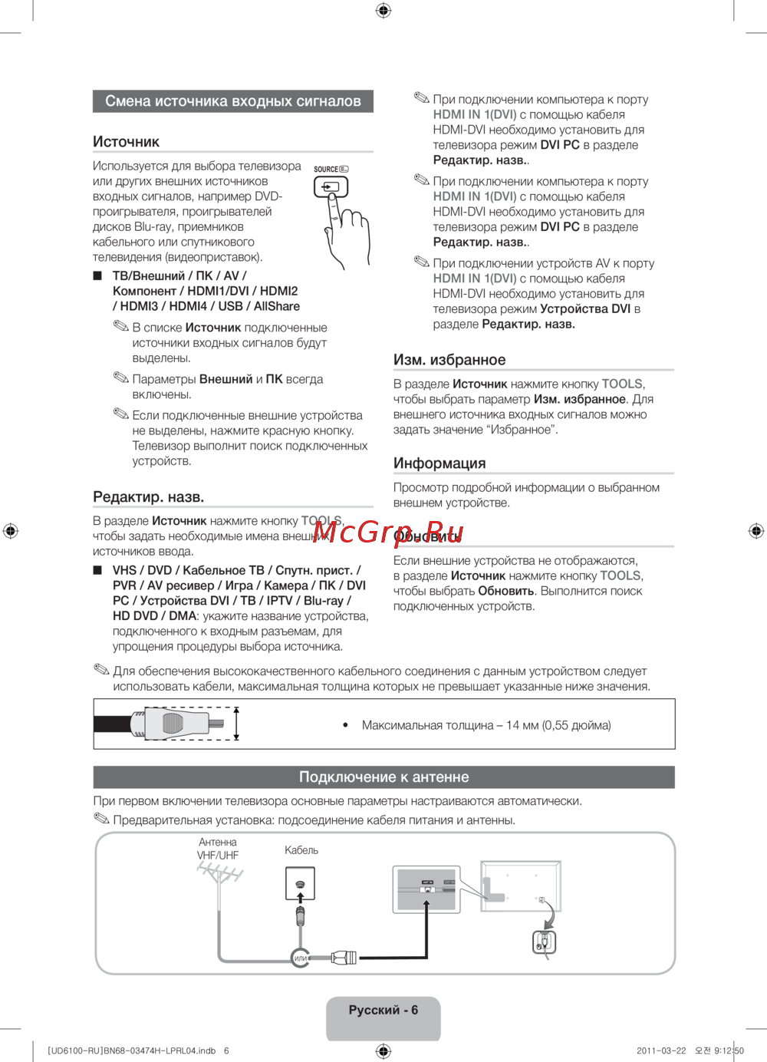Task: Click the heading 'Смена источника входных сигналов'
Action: [x=232, y=101]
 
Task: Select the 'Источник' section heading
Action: [x=127, y=142]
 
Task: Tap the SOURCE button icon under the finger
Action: [x=331, y=186]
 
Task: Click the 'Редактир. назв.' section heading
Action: [x=149, y=497]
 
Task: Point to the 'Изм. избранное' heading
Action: [x=449, y=360]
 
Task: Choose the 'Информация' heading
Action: [x=439, y=463]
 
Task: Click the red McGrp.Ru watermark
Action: [x=388, y=532]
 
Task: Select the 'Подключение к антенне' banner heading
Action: [x=383, y=777]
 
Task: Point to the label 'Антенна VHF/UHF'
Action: [x=218, y=849]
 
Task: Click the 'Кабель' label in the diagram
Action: [x=301, y=850]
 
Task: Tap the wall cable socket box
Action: [x=300, y=883]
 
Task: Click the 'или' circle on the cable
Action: [x=300, y=958]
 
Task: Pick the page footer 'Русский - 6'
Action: [x=383, y=1011]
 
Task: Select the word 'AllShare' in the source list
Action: [x=277, y=306]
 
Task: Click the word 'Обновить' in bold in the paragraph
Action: [x=505, y=591]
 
